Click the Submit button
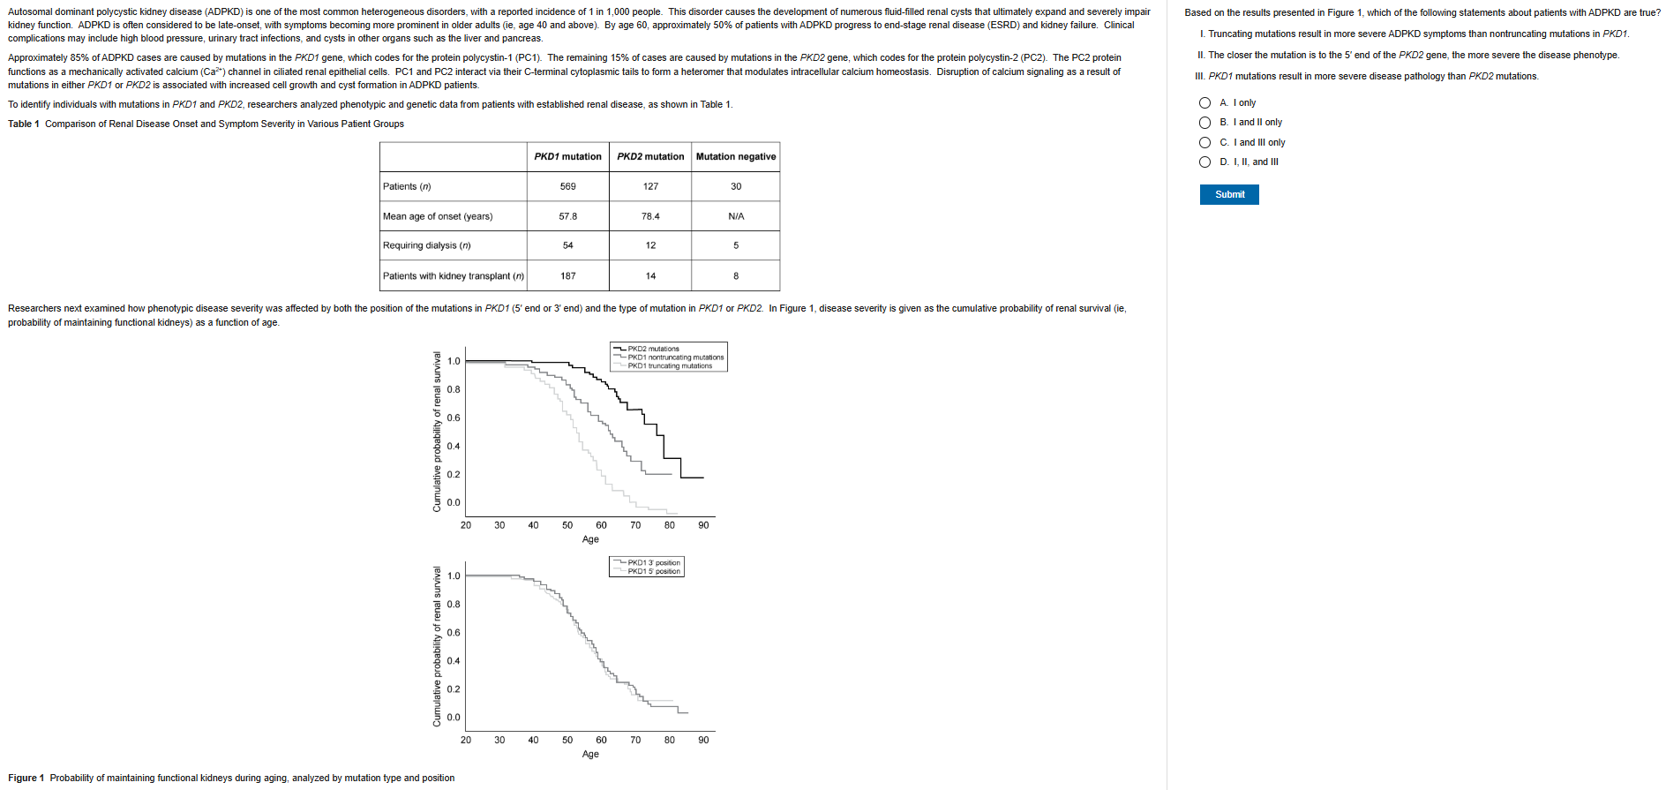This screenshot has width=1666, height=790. (x=1228, y=194)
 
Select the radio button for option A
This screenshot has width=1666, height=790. (x=1204, y=103)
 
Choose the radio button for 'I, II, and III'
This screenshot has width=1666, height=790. (x=1204, y=162)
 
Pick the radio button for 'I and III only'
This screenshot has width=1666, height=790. (x=1204, y=143)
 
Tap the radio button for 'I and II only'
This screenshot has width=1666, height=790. (x=1204, y=123)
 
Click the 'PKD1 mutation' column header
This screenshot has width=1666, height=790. (x=567, y=157)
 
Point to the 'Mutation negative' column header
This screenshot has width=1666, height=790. (x=735, y=157)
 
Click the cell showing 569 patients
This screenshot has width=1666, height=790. (x=567, y=186)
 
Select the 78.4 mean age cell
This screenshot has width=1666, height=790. (x=650, y=216)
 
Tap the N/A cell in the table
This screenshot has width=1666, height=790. (x=735, y=216)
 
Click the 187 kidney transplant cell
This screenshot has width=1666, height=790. (x=567, y=276)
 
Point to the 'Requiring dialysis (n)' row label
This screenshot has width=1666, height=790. (x=427, y=245)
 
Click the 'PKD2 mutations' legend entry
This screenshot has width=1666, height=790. (x=653, y=349)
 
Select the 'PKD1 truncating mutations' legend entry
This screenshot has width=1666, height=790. (x=669, y=365)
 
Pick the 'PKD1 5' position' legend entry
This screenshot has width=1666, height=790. (x=653, y=571)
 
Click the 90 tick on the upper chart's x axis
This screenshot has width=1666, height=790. (x=703, y=525)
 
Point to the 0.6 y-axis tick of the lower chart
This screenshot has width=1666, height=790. (x=454, y=633)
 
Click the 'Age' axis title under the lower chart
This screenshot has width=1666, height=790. (x=590, y=754)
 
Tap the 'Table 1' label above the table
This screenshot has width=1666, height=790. (x=24, y=124)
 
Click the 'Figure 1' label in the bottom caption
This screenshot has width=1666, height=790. (x=26, y=779)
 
